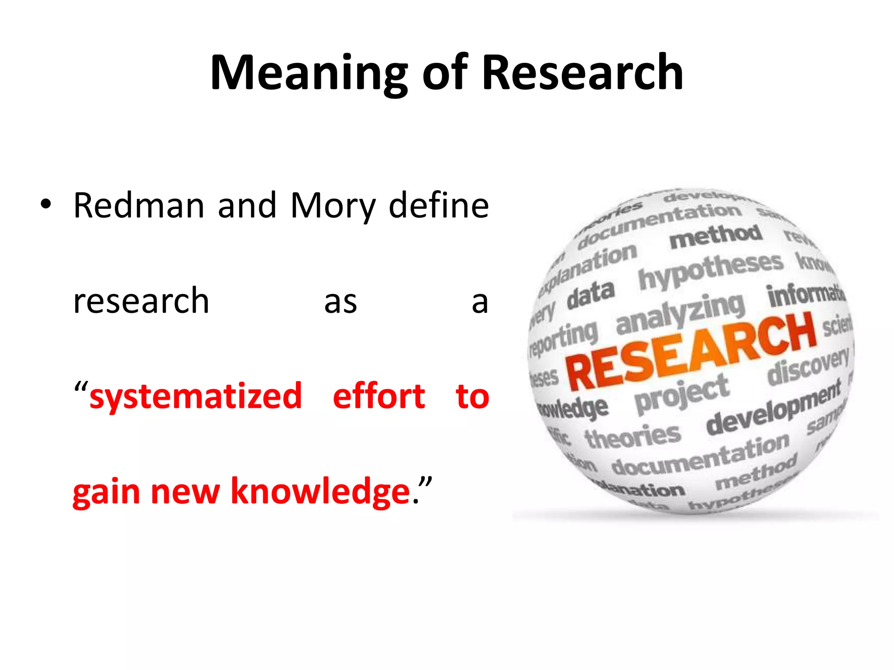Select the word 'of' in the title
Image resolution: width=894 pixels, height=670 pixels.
(x=445, y=72)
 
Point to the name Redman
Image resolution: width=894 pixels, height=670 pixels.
(x=139, y=205)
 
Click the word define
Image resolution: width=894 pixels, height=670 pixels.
(x=438, y=205)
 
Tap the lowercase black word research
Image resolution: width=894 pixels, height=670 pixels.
(x=141, y=301)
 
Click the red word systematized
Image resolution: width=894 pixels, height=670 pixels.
(x=196, y=396)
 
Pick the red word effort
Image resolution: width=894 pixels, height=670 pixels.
(x=378, y=396)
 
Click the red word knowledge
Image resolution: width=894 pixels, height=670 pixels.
(x=320, y=491)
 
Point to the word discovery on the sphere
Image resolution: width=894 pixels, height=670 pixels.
(x=808, y=366)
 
